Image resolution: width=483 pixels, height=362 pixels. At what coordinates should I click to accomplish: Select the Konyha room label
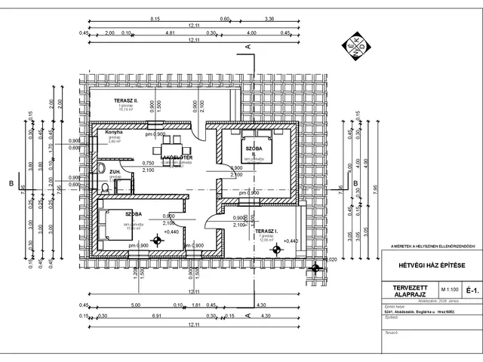coord(115,132)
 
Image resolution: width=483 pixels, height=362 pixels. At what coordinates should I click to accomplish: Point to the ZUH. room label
coord(114,171)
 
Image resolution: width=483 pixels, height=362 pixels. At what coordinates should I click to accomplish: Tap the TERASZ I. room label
coord(267,230)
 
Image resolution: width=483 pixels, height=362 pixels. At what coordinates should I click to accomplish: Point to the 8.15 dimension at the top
coord(155,17)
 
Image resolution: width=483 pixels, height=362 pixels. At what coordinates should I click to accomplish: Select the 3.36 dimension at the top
coord(269,17)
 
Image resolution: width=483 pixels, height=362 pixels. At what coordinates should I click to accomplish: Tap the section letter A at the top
coord(248,47)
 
